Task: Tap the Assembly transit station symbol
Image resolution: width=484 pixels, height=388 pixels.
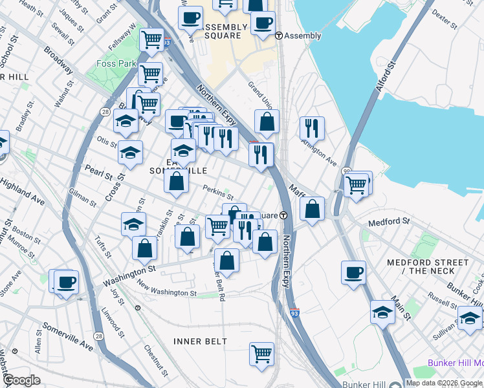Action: pos(279,36)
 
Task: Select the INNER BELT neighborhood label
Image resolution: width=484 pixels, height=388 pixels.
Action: pos(200,341)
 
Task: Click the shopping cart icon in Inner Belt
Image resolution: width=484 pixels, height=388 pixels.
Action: pos(261,353)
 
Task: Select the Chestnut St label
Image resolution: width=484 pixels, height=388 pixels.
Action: pos(157,363)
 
